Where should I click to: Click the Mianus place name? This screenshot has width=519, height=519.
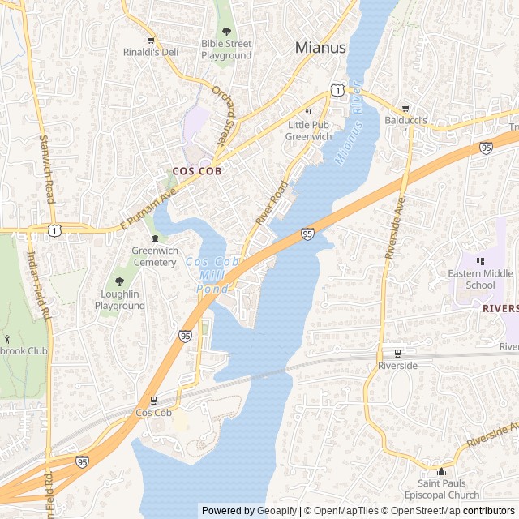tap(320, 48)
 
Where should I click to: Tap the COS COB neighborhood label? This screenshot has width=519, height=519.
tap(197, 171)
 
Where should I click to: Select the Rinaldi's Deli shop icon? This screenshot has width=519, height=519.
tap(150, 41)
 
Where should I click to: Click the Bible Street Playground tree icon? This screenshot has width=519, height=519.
tap(226, 31)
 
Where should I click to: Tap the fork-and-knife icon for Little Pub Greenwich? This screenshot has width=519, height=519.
tap(308, 113)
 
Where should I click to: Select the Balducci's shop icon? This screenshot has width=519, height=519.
tap(405, 109)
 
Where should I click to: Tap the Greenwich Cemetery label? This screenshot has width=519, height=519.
tap(155, 256)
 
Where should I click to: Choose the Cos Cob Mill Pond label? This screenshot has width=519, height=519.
tap(212, 275)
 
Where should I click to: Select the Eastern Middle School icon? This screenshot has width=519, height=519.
tap(481, 261)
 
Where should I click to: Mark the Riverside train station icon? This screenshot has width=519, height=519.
tap(397, 353)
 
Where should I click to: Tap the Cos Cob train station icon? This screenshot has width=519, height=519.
tap(154, 400)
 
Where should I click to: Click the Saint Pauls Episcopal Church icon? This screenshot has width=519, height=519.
tap(441, 472)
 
